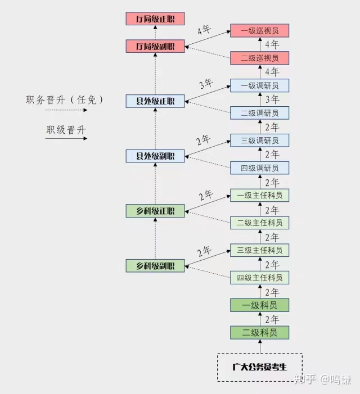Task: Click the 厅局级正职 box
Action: click(x=155, y=19)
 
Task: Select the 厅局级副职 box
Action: click(x=155, y=47)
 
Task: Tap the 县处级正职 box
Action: click(x=155, y=101)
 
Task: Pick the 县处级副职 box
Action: click(x=155, y=156)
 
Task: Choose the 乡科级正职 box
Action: click(x=155, y=211)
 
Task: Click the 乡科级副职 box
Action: click(x=155, y=266)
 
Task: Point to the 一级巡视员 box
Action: click(x=259, y=30)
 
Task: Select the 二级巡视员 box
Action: click(x=259, y=58)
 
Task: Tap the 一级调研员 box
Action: click(x=259, y=85)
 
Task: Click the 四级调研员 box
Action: click(x=259, y=167)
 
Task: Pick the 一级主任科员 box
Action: click(x=259, y=195)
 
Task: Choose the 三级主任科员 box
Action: click(x=259, y=250)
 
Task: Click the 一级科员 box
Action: click(x=259, y=305)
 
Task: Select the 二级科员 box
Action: click(x=259, y=332)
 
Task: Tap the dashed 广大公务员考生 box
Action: click(x=260, y=368)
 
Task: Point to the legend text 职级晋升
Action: click(x=66, y=130)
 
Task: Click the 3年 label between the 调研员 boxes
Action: click(x=272, y=99)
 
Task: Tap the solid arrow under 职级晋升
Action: click(x=66, y=138)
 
